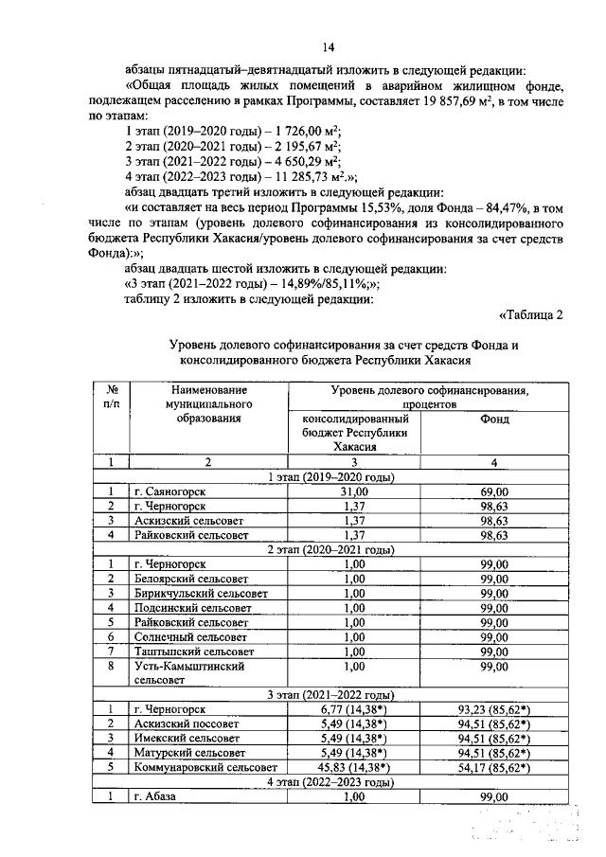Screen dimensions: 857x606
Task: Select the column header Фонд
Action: [x=494, y=419]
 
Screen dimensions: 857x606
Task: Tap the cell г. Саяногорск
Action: [x=169, y=491]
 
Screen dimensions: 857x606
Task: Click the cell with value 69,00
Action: [x=494, y=491]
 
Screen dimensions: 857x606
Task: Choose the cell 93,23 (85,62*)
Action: [x=494, y=709]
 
